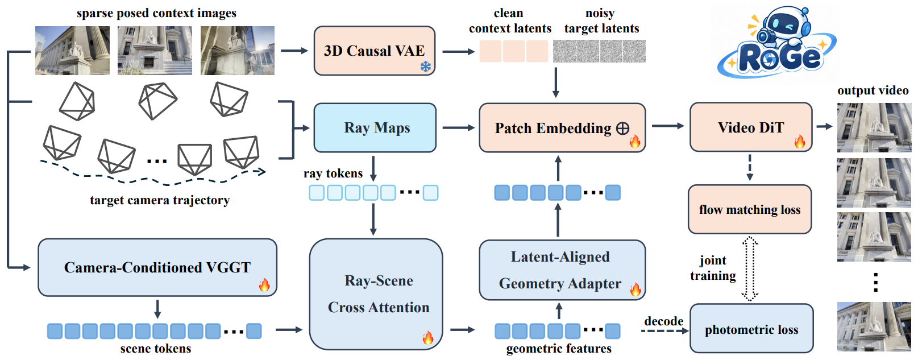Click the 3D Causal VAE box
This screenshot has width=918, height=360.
tap(375, 51)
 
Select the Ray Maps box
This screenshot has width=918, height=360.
tap(375, 128)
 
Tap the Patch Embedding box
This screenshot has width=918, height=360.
tap(562, 128)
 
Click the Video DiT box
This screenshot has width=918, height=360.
tap(751, 127)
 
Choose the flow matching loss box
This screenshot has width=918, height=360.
tap(750, 209)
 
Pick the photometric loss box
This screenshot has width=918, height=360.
tap(751, 328)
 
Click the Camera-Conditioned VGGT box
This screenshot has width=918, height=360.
tap(157, 267)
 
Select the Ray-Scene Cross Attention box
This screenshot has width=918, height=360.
tap(376, 295)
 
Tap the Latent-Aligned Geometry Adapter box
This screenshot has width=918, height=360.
tap(562, 270)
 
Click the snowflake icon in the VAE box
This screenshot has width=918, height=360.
tap(426, 67)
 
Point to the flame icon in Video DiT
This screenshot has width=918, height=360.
tap(800, 142)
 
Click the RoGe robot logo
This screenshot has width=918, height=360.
tap(776, 43)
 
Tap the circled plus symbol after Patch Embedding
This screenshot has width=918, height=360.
tap(622, 129)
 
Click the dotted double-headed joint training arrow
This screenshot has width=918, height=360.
tap(750, 268)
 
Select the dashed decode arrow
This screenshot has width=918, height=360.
tap(664, 331)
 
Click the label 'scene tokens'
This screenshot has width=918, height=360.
tap(156, 349)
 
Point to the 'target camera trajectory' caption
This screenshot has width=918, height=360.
tap(160, 200)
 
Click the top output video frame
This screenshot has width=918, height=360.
tap(874, 127)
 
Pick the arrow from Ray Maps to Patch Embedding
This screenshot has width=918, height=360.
tap(459, 128)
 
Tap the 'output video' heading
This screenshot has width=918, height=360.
tap(873, 90)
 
